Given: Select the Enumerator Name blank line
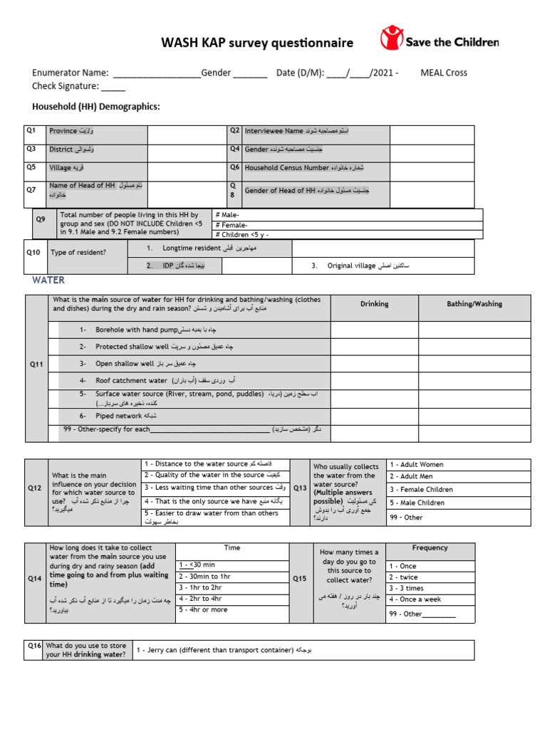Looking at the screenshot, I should pos(156,73).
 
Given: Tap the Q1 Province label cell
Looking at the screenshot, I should pos(97,133).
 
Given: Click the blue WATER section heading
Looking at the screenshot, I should pos(48,280).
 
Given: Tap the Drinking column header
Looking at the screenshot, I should pos(374,304).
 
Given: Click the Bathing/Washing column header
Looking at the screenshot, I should pos(474,304).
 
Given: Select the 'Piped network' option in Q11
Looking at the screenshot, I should pos(119,416).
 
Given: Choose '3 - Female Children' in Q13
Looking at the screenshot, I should pos(421,490).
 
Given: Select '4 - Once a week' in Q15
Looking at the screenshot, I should pos(415,599).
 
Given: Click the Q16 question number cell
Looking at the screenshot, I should pos(34,646).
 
